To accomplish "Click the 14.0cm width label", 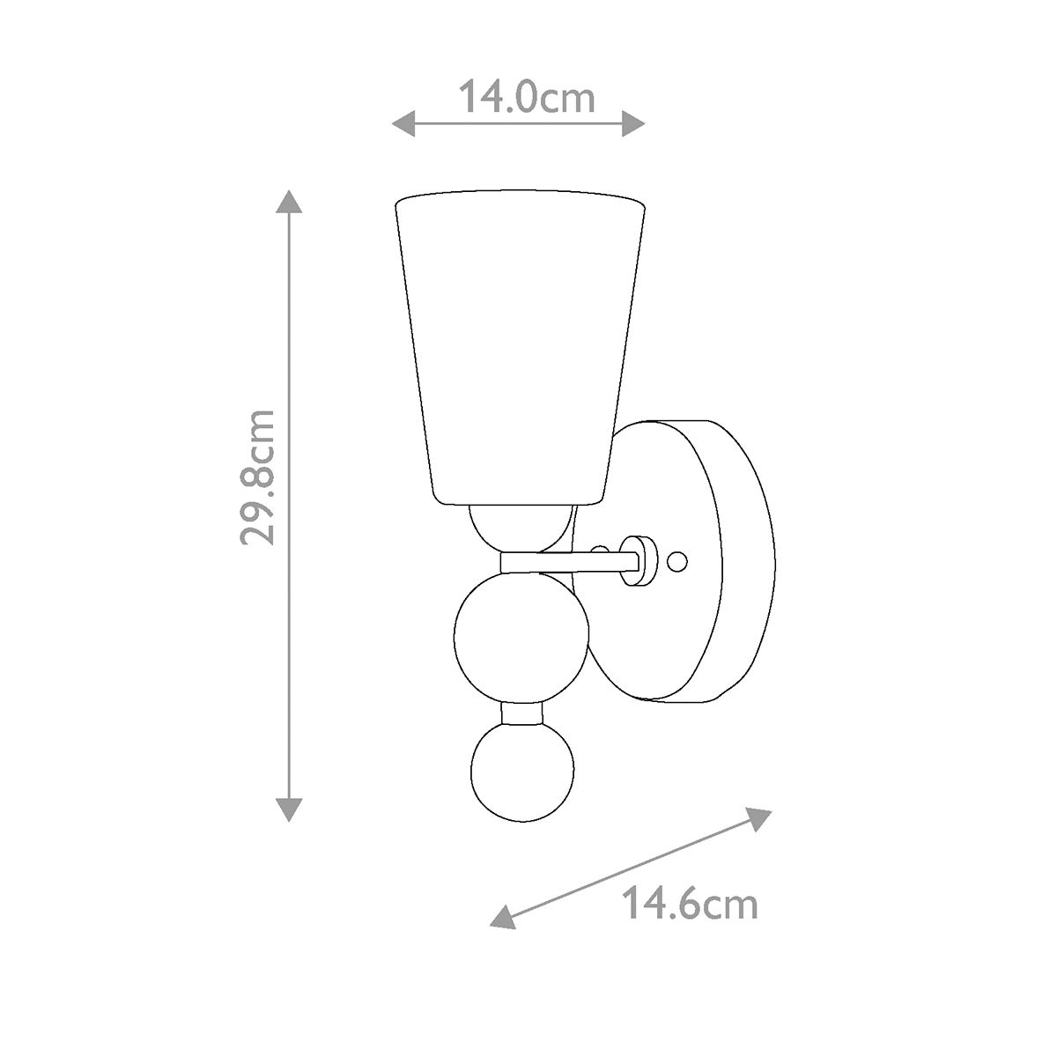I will point(527,98).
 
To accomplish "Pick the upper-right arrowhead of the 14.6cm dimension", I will point(758,818).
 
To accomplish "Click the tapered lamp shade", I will point(520,344).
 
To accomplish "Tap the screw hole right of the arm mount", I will point(677,560).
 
